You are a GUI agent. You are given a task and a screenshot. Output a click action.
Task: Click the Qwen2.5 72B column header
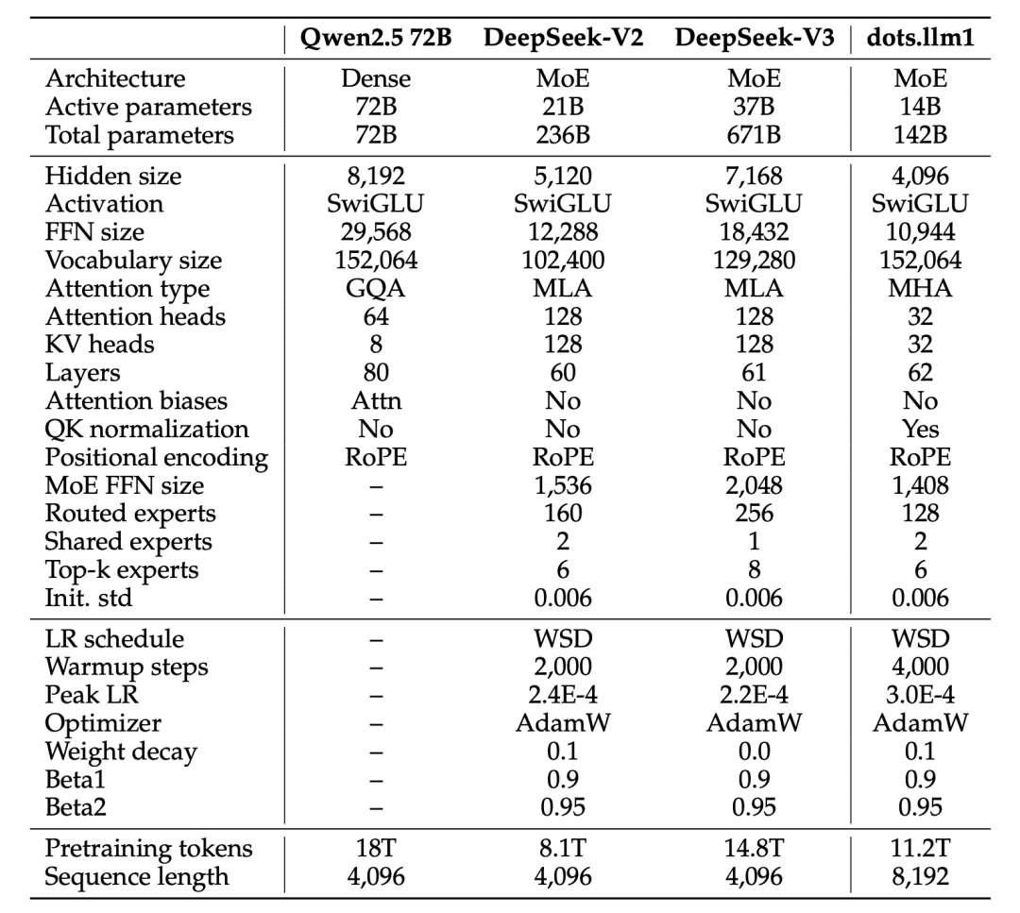[x=376, y=39]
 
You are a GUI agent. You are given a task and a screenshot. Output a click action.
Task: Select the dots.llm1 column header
[x=921, y=38]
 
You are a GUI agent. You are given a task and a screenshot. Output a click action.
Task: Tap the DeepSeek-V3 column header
[x=754, y=39]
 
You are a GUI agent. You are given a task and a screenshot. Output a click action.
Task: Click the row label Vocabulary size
[x=133, y=260]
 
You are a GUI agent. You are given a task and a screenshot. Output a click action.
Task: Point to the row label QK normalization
[x=146, y=430]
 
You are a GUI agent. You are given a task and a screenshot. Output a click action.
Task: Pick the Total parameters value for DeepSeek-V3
[x=754, y=135]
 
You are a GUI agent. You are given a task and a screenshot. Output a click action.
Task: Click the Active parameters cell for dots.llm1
[x=921, y=107]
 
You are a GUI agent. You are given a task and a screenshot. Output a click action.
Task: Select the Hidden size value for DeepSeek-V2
[x=563, y=177]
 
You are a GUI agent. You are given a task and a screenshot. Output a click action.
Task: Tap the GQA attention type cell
[x=376, y=288]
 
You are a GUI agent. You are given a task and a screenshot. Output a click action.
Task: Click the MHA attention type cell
[x=921, y=288]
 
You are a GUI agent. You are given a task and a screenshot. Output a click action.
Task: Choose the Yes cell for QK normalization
[x=921, y=430]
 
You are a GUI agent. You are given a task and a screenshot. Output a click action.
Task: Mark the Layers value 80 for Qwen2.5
[x=376, y=373]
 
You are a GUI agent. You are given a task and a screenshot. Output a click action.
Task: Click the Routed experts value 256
[x=754, y=514]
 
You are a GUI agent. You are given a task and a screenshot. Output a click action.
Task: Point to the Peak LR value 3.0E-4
[x=921, y=695]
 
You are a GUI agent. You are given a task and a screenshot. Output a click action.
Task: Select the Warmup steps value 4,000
[x=921, y=668]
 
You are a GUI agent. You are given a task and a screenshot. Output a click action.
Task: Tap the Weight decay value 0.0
[x=754, y=752]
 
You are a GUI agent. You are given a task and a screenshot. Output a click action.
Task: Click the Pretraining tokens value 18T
[x=376, y=849]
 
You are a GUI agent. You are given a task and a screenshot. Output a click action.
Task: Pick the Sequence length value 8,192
[x=921, y=876]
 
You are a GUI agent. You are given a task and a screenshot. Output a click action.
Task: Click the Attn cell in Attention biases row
[x=376, y=400]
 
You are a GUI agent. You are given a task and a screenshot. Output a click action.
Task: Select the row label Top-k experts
[x=122, y=570]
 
